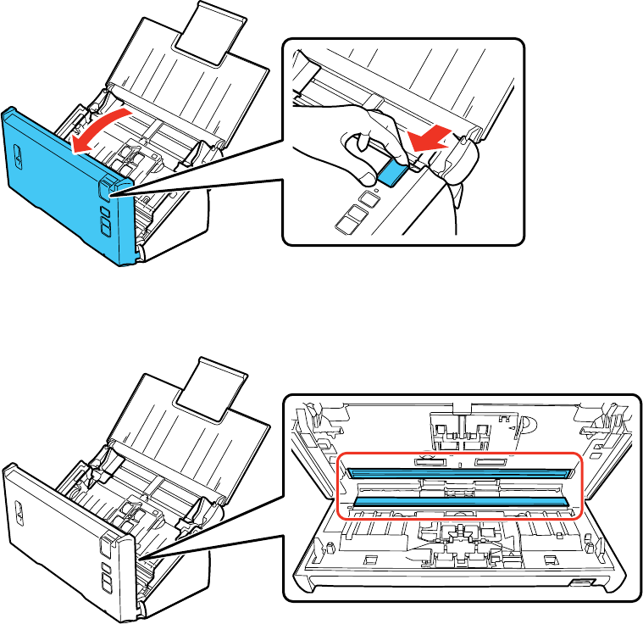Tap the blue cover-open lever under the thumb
391,172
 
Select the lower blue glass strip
457,502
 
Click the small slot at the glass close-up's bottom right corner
583,582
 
